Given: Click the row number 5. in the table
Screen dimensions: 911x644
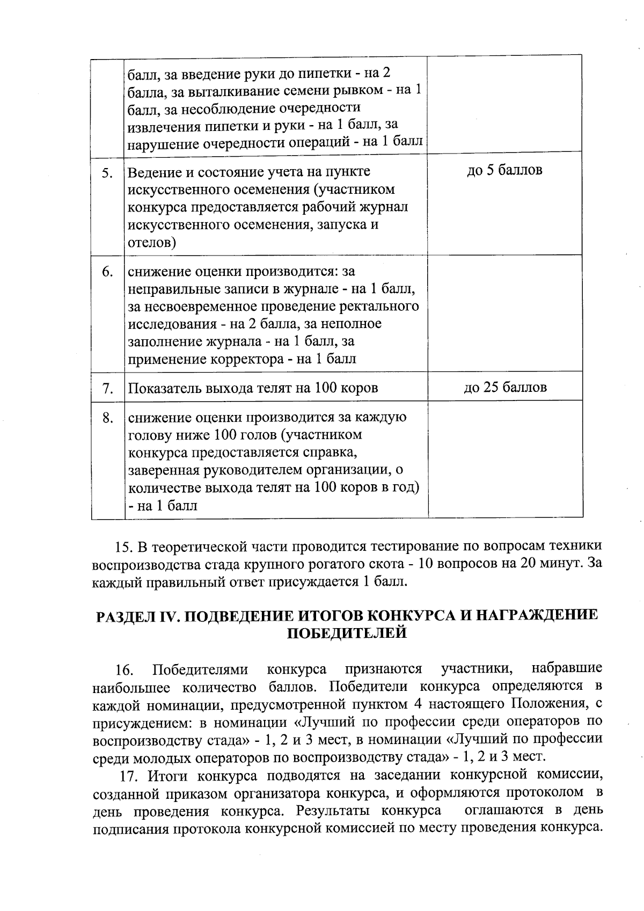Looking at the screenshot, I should [107, 173].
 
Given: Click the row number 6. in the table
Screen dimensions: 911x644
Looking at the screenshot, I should [107, 272].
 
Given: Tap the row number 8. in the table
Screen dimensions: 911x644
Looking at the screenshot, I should [107, 418].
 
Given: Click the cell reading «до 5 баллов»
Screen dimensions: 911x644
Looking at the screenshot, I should [504, 171].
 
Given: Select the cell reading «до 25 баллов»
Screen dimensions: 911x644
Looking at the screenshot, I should [505, 388].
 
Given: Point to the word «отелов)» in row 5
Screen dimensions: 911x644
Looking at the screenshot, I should [152, 243].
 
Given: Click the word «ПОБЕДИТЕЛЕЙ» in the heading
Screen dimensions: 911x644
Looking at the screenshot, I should [347, 633].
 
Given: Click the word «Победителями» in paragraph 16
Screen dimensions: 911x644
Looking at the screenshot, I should [200, 670].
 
